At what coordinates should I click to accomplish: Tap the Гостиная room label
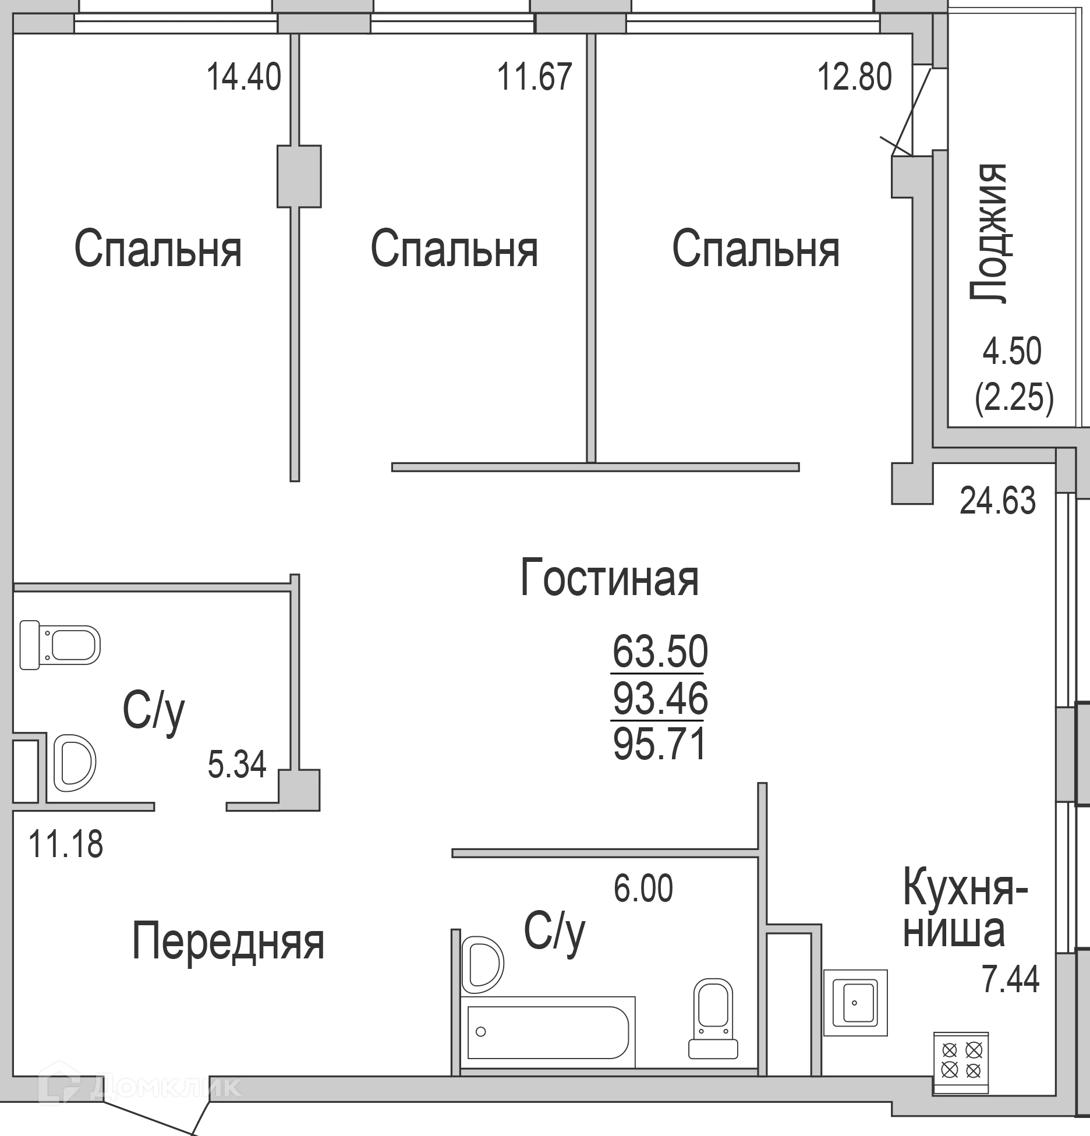pos(609,576)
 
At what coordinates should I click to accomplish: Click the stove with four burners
pos(961,1061)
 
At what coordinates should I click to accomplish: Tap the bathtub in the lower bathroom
pos(548,1033)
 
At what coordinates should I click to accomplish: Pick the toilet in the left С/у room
pos(61,645)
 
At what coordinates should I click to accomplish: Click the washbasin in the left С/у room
pos(74,763)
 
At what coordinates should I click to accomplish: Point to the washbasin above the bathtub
pos(482,964)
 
